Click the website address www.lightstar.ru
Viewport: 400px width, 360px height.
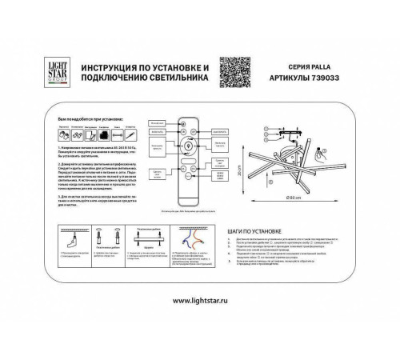click(199, 300)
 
